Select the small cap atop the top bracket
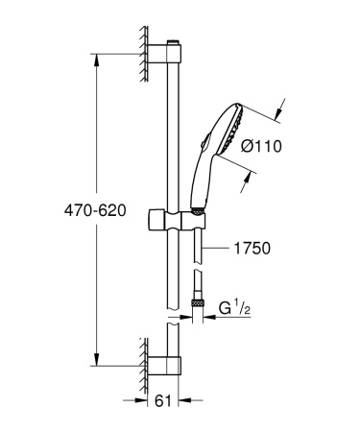(174, 43)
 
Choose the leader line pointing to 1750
(218, 249)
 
